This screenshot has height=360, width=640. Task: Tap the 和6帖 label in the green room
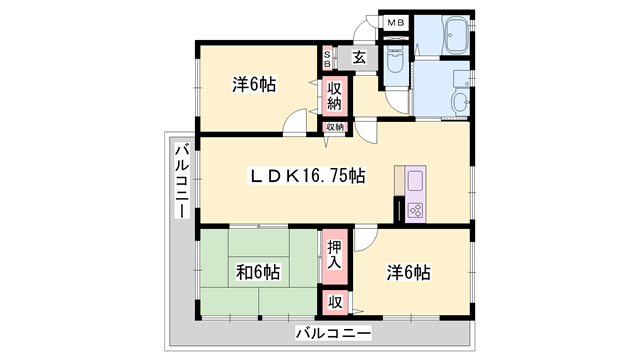[257, 272]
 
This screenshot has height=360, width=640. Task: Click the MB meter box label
[395, 21]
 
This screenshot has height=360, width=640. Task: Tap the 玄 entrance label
[358, 57]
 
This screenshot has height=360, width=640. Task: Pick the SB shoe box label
[328, 57]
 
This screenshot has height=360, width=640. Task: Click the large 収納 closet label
[334, 96]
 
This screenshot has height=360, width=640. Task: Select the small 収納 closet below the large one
[334, 127]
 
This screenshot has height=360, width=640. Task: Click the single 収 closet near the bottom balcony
[334, 300]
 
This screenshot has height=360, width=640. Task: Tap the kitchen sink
[416, 181]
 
